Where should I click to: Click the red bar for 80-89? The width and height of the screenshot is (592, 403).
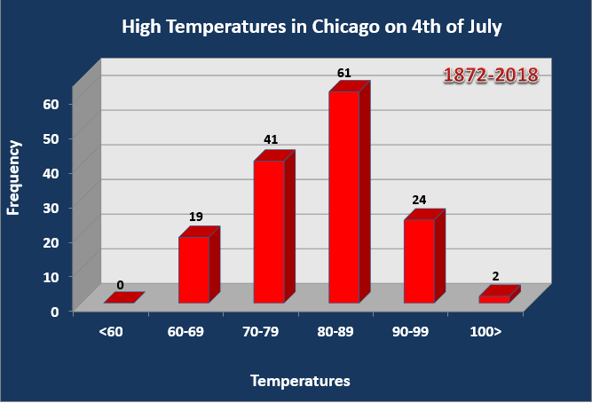point(343,196)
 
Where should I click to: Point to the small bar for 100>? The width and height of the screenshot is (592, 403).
point(494,299)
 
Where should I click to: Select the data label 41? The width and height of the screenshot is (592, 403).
point(272,140)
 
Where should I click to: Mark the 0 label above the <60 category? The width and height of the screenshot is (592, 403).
point(120,286)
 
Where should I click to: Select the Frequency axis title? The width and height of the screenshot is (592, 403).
point(14,177)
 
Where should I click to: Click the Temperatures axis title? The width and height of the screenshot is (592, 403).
point(300,381)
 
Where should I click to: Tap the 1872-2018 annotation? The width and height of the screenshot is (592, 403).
point(491,75)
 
